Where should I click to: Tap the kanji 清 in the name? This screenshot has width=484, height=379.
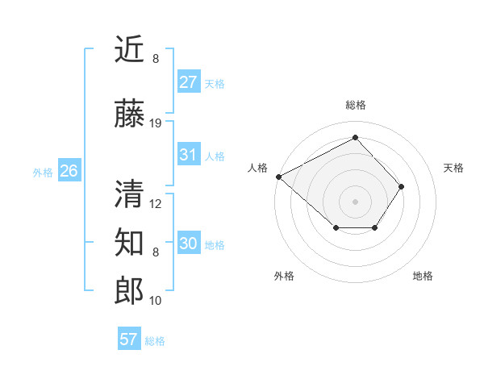click(x=130, y=194)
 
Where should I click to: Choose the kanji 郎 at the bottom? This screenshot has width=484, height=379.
click(x=130, y=291)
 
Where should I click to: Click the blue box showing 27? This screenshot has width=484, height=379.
click(x=188, y=82)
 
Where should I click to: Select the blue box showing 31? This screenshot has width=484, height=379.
click(x=188, y=155)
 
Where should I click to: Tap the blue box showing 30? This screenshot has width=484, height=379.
click(x=188, y=244)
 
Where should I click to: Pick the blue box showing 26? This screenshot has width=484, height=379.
click(x=69, y=171)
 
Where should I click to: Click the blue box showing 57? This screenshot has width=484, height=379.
click(x=129, y=339)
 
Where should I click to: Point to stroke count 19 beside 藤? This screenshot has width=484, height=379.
click(x=156, y=123)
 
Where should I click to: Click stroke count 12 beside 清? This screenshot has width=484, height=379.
click(x=156, y=204)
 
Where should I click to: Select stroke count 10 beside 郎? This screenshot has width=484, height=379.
click(x=156, y=301)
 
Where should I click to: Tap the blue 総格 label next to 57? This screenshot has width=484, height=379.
click(x=155, y=341)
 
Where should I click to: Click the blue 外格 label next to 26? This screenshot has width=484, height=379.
click(x=43, y=172)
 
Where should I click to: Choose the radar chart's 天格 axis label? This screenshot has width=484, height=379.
click(x=453, y=168)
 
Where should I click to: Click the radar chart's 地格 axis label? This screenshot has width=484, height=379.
click(x=423, y=276)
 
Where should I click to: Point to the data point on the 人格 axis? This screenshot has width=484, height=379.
click(x=278, y=176)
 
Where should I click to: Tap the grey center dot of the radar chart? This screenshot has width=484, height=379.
click(x=355, y=201)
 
